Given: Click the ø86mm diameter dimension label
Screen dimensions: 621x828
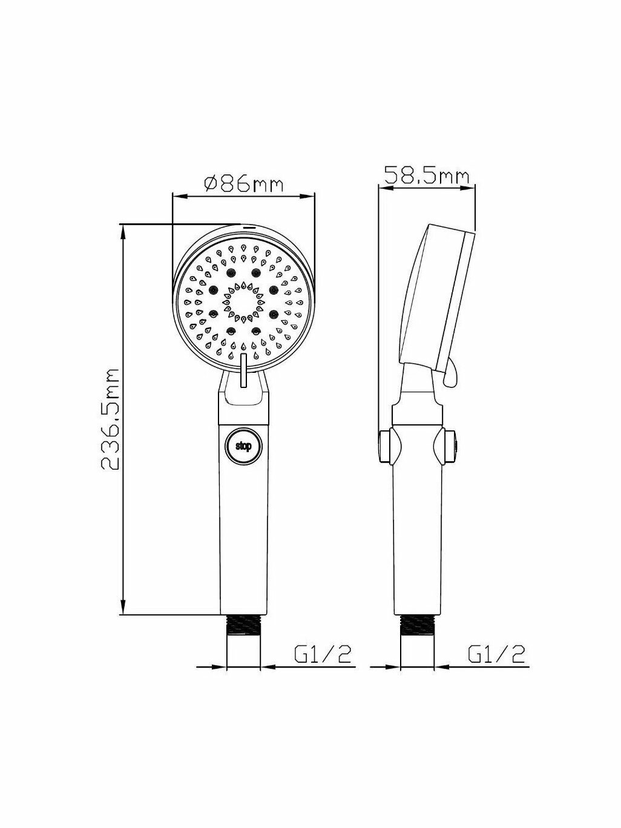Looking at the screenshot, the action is pos(243,184).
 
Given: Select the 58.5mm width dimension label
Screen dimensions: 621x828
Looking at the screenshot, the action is pos(427,176).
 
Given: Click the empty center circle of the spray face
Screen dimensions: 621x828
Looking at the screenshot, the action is pos(243,302).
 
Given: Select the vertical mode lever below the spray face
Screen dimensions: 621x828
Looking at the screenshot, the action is pos(243,370).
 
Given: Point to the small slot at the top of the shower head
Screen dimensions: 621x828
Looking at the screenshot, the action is pos(249,228).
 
